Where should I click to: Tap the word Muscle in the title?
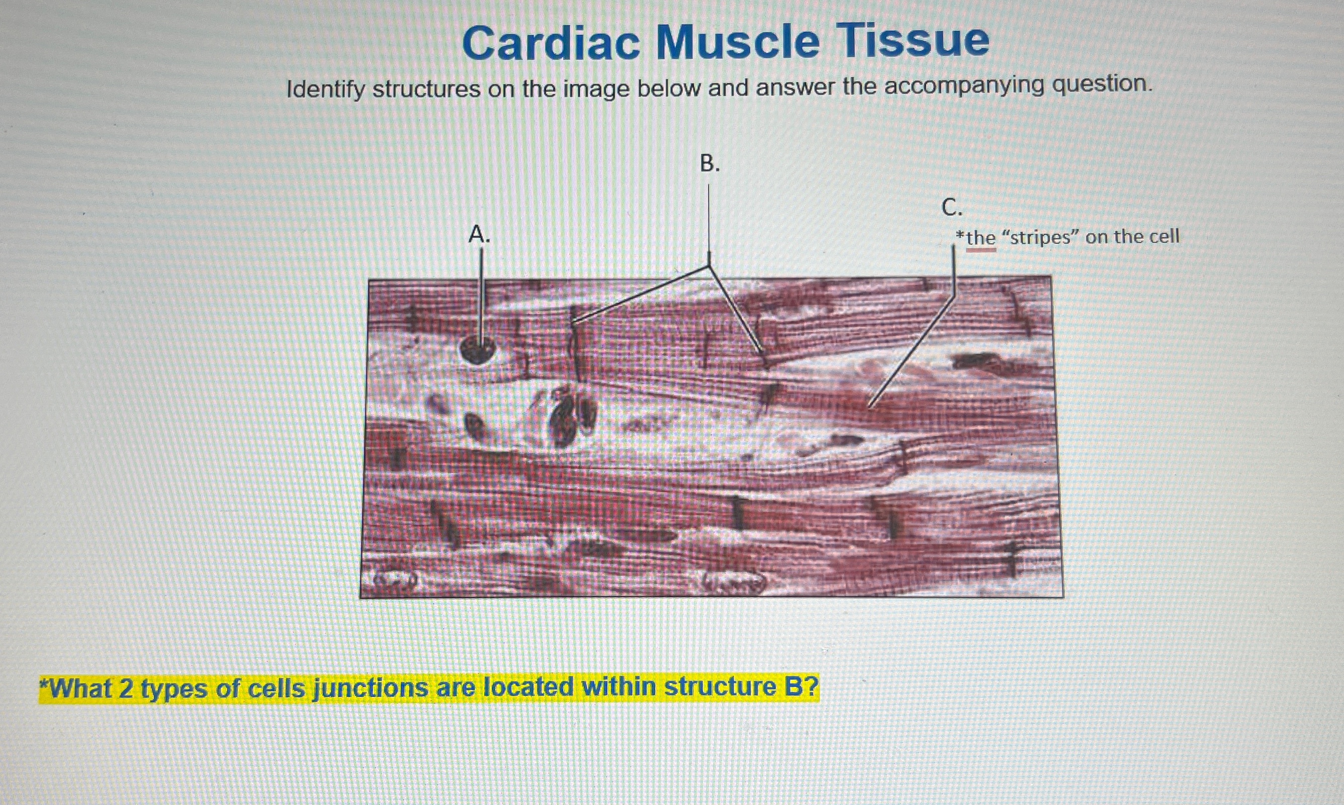[x=738, y=42]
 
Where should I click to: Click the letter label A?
[x=479, y=234]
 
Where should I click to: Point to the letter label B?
[x=710, y=163]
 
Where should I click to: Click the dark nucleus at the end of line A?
[x=477, y=349]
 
